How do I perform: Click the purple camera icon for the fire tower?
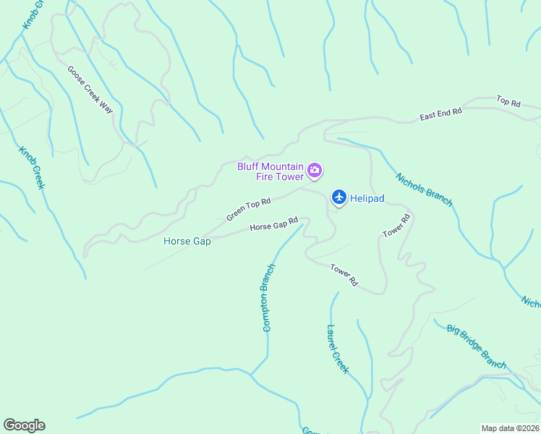click(315, 171)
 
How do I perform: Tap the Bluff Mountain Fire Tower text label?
click(271, 171)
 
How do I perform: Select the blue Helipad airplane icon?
click(338, 197)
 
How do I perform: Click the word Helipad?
click(367, 197)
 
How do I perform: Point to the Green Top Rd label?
click(248, 210)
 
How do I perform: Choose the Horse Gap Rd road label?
click(274, 225)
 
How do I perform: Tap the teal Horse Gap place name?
click(187, 242)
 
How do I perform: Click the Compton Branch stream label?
click(268, 297)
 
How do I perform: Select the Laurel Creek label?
click(337, 349)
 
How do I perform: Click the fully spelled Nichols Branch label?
click(424, 190)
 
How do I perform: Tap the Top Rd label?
click(508, 102)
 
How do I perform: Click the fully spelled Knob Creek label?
click(32, 168)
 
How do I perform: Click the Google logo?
click(24, 425)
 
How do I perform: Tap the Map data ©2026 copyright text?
click(510, 428)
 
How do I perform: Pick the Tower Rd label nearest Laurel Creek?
click(344, 273)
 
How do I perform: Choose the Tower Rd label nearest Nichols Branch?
click(396, 225)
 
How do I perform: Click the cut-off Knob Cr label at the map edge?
click(33, 14)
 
